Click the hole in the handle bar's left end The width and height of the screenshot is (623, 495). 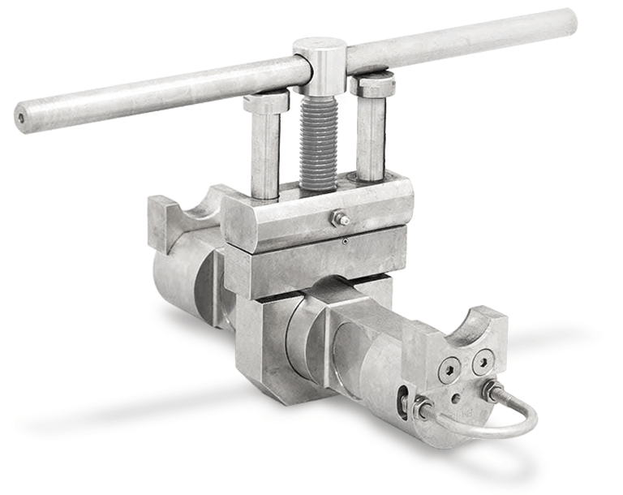point(21,117)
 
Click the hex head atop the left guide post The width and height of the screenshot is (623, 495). point(265,102)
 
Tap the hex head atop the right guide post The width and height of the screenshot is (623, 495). point(372,84)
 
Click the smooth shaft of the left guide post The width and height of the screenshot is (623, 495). point(264,154)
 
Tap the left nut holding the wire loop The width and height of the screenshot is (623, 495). point(422,408)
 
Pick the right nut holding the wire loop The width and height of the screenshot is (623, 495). point(489,389)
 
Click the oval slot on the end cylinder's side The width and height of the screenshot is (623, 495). point(402,402)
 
